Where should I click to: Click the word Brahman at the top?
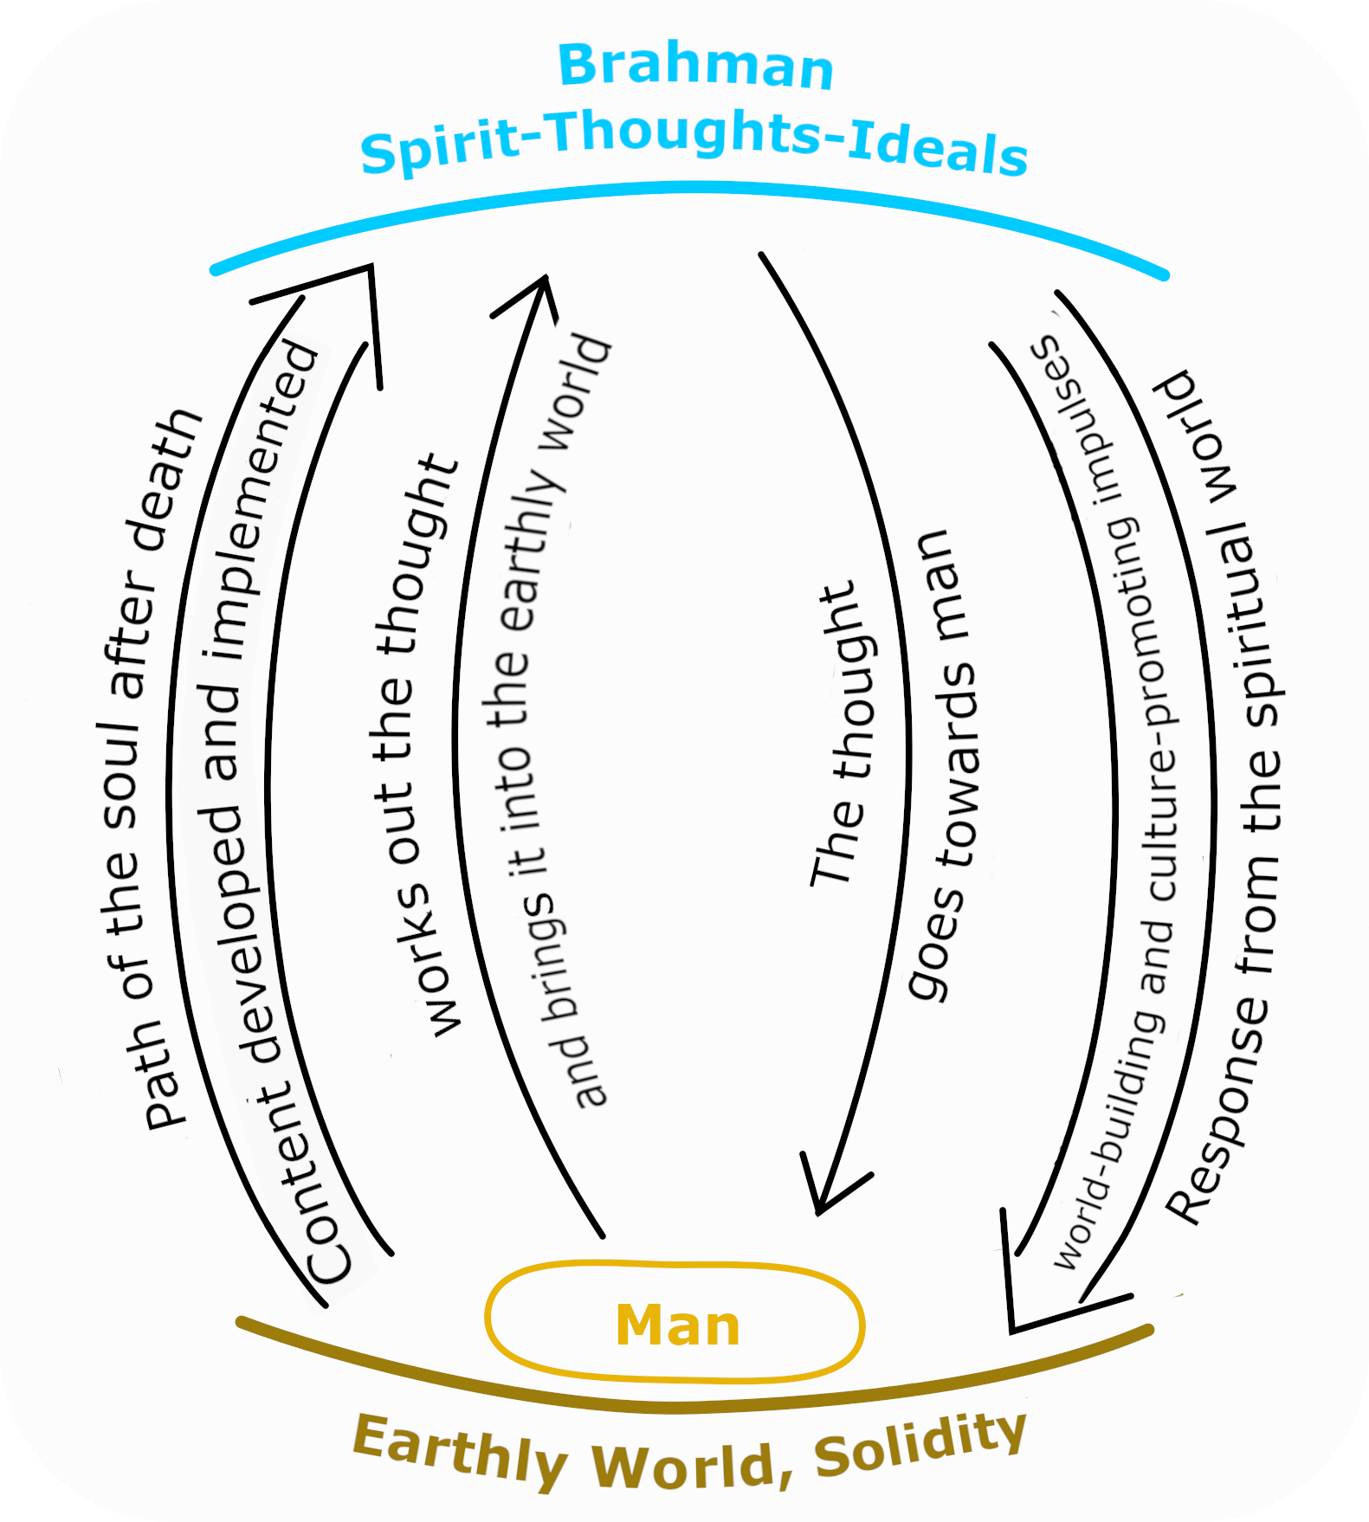pos(695,66)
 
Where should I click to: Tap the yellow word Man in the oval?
pos(678,1325)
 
